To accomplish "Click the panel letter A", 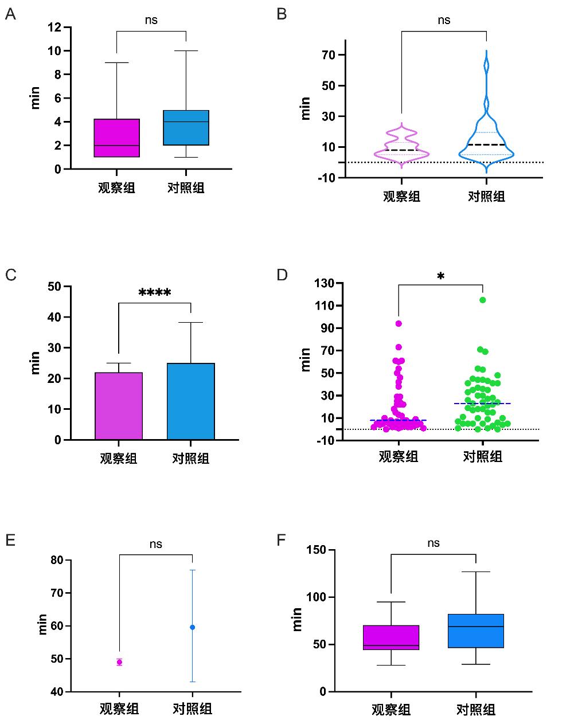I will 10,14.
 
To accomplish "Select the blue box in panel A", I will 186,127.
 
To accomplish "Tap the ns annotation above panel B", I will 444,20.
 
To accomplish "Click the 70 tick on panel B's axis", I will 328,55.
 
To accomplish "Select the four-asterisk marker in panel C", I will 154,293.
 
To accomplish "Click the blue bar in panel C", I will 191,401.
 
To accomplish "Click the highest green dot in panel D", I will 483,300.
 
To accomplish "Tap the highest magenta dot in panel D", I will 399,323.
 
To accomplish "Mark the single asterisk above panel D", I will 440,276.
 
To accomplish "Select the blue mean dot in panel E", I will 192,627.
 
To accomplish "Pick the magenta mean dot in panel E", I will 119,662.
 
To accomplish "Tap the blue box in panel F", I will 476,631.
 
